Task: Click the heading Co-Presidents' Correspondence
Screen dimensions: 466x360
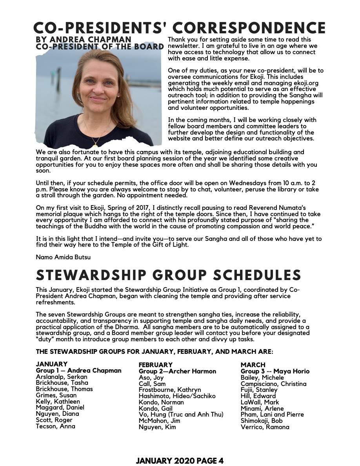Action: [x=180, y=28]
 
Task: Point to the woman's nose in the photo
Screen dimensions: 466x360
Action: [x=98, y=89]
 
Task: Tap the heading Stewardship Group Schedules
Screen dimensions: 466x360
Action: [x=169, y=275]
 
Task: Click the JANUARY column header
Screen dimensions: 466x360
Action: [x=52, y=364]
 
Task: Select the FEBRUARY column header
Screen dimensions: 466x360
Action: [x=156, y=365]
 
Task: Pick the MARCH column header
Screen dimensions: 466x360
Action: [x=253, y=365]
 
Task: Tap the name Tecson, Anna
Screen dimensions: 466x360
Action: [x=55, y=426]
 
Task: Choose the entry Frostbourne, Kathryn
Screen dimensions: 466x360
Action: [x=170, y=390]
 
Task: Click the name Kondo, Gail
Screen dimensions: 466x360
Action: [x=156, y=408]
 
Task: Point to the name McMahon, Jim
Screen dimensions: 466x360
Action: [x=159, y=421]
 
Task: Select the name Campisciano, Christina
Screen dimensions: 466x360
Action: [x=273, y=384]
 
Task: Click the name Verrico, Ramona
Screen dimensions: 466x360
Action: [x=265, y=427]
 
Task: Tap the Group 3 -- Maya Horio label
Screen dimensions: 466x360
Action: [x=275, y=371]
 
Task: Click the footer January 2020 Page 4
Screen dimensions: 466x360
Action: [x=180, y=461]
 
